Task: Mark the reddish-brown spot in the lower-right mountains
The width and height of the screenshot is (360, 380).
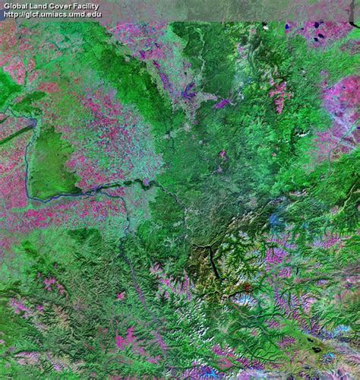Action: pos(245,288)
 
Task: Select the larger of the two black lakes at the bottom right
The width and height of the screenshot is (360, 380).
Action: pos(315,350)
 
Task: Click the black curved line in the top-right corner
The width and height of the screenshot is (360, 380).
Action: pos(354,26)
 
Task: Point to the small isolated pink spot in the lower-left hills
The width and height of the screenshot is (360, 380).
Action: pos(119,295)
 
